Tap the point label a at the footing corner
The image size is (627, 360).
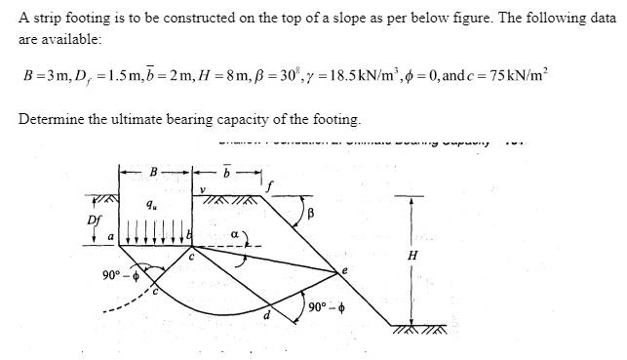click(110, 236)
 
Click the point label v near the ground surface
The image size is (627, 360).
click(202, 189)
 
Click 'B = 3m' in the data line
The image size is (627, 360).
click(44, 76)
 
